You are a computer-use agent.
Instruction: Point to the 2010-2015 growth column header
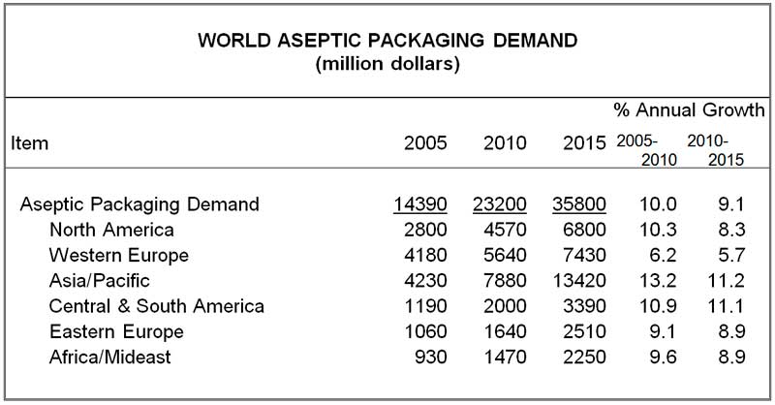[x=708, y=150]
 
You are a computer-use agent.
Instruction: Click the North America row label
[x=111, y=231]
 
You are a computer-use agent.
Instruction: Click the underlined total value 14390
[x=421, y=204]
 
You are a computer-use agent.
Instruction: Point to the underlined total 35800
[x=579, y=204]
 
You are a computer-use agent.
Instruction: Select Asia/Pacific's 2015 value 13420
[x=579, y=282]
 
